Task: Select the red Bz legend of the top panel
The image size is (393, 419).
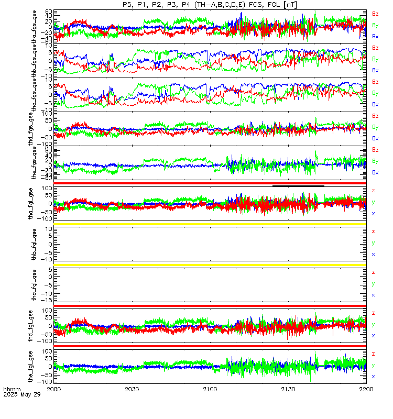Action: click(375, 13)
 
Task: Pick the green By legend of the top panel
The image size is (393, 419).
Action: click(375, 25)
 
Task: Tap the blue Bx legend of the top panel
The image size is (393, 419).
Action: click(375, 37)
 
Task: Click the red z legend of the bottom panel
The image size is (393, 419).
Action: click(373, 354)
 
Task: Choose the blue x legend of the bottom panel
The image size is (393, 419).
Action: click(373, 376)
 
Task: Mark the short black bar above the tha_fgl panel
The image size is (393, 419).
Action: click(298, 185)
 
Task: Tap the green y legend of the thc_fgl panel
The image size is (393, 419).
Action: click(373, 284)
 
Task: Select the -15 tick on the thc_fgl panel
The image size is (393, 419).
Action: click(47, 300)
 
